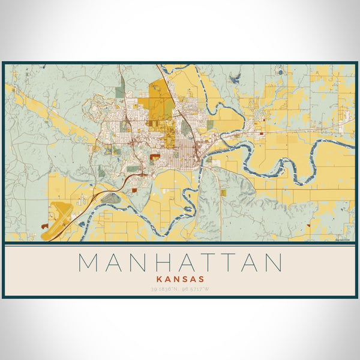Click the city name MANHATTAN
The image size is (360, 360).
click(x=180, y=263)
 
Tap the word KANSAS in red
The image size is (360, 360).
click(x=180, y=279)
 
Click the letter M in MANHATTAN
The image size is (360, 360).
click(x=89, y=263)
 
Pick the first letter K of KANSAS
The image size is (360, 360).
click(x=158, y=279)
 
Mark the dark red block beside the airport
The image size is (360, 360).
click(x=45, y=226)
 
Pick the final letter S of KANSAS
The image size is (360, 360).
click(x=202, y=279)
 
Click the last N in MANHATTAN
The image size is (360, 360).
click(x=272, y=263)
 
